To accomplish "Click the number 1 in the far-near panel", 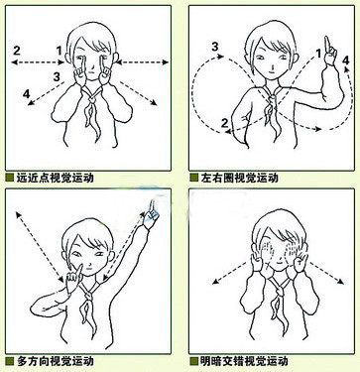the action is click(60, 51).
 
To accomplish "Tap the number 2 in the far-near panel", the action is click(17, 51).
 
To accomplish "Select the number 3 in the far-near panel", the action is click(57, 77).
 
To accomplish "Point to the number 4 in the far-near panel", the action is click(27, 94).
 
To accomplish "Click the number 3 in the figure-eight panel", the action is click(215, 47).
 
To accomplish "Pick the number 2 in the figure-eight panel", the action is click(224, 123).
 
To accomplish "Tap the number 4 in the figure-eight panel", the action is click(346, 61).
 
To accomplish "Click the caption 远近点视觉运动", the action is click(55, 178).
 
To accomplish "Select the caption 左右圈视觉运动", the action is click(239, 178).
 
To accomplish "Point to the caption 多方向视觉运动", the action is click(55, 361).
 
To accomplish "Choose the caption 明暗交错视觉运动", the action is click(244, 361).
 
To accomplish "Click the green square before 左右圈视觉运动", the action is click(194, 178).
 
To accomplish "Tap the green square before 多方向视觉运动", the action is click(10, 361).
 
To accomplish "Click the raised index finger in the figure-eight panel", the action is click(327, 44).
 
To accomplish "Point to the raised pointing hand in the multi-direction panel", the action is click(152, 214).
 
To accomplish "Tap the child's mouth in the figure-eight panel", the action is click(271, 70).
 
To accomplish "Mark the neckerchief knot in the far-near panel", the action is click(93, 97).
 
